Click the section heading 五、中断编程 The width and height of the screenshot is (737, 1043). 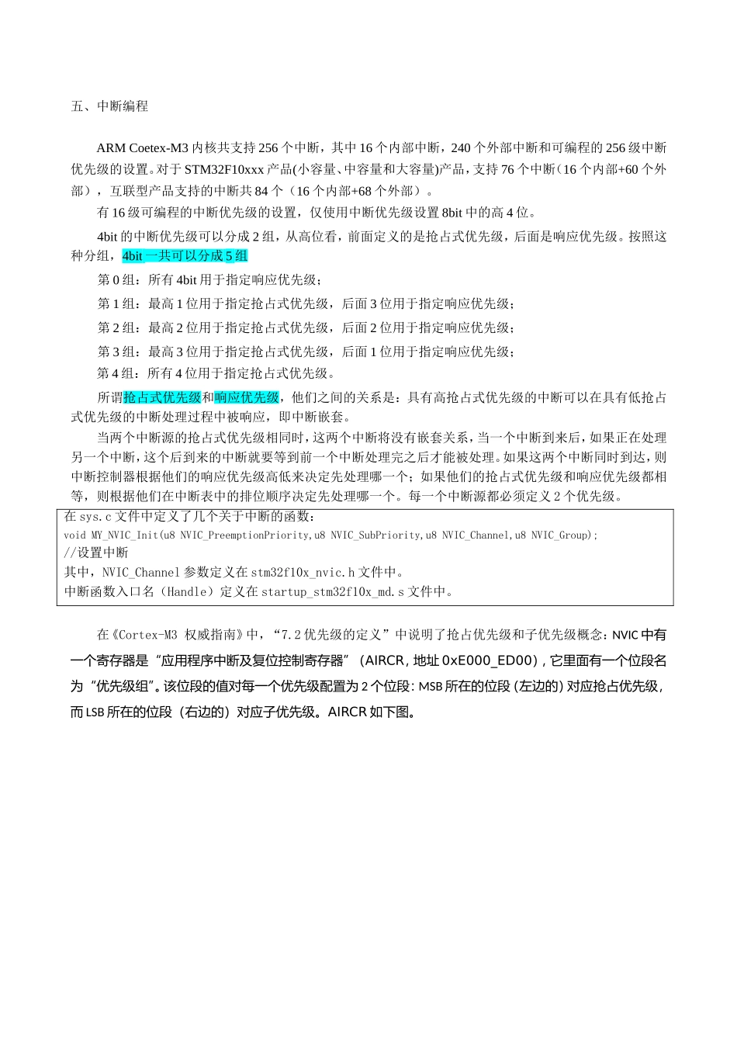(109, 106)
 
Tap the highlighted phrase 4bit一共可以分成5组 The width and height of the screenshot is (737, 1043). (185, 256)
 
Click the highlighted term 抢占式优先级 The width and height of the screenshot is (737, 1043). (162, 397)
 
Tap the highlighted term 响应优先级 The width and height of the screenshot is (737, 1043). (247, 397)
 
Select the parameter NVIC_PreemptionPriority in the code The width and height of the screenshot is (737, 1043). (244, 535)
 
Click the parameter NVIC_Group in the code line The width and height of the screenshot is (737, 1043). (559, 535)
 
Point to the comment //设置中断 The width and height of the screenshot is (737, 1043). (96, 553)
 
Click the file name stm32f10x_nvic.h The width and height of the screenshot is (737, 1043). (303, 573)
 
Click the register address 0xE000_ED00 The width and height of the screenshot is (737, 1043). (490, 661)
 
